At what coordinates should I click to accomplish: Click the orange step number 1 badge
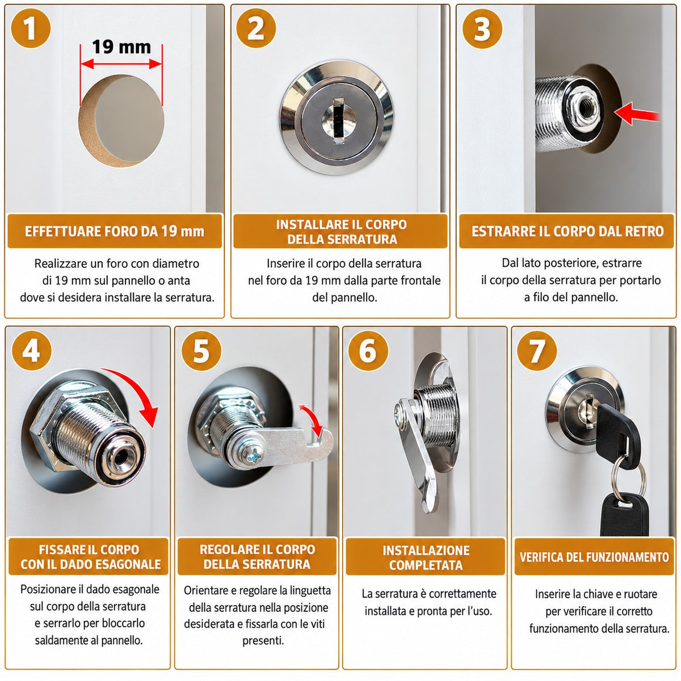pyautogui.click(x=31, y=28)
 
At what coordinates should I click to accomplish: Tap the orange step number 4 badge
pyautogui.click(x=32, y=351)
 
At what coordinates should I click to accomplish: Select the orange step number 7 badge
pyautogui.click(x=537, y=351)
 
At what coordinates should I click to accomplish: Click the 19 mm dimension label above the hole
pyautogui.click(x=121, y=47)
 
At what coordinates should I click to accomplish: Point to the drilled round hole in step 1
pyautogui.click(x=121, y=121)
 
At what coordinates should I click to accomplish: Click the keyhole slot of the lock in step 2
pyautogui.click(x=339, y=121)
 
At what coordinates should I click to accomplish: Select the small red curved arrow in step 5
pyautogui.click(x=313, y=418)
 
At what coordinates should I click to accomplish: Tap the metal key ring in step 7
pyautogui.click(x=629, y=477)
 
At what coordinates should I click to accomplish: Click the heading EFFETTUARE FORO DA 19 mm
pyautogui.click(x=115, y=232)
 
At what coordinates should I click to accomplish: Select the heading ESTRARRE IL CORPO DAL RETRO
pyautogui.click(x=567, y=231)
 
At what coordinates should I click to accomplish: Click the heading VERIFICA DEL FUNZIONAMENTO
pyautogui.click(x=594, y=557)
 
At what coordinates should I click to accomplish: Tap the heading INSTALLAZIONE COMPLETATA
pyautogui.click(x=426, y=558)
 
